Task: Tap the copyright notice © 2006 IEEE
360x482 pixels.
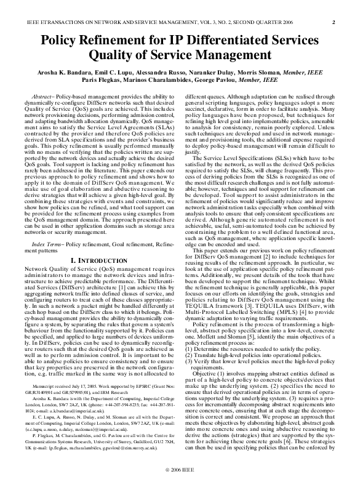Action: [180, 470]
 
